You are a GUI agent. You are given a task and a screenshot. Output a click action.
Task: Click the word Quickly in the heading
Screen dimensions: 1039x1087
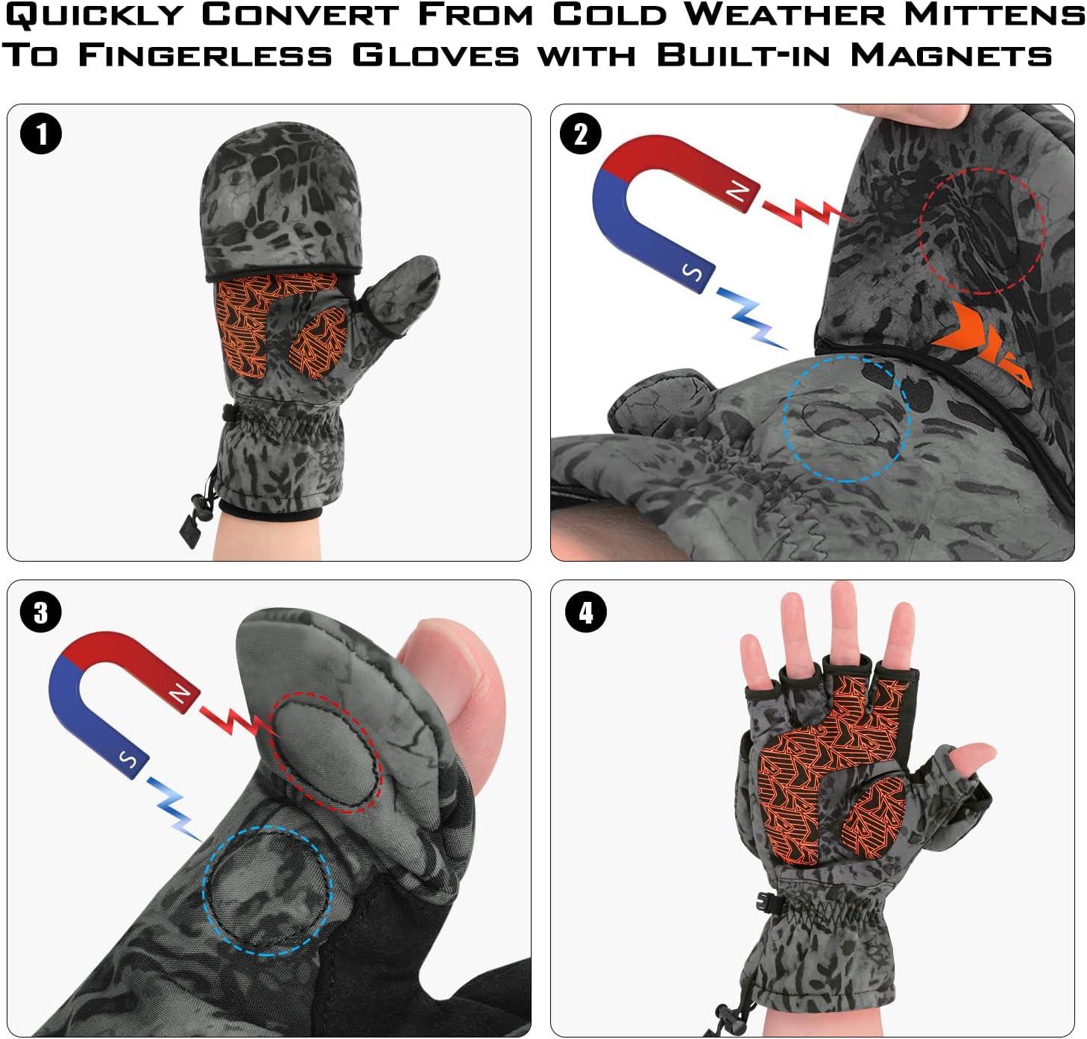94,16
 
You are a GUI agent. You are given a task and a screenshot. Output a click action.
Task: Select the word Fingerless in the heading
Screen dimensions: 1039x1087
205,55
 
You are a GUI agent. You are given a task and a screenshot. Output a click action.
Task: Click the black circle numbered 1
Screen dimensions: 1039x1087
41,134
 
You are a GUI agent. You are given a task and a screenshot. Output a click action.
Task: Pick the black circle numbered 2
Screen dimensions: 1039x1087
581,134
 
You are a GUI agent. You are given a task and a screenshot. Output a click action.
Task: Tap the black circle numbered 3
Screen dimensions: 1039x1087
41,612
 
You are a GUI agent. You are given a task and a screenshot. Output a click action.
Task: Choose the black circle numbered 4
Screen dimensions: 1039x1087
586,612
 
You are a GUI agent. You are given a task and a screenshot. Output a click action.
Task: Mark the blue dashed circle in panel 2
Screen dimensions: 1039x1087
846,418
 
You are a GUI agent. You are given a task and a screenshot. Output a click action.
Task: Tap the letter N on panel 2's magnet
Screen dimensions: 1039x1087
737,193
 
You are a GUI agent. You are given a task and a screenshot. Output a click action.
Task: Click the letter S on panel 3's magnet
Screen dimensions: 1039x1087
128,761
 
